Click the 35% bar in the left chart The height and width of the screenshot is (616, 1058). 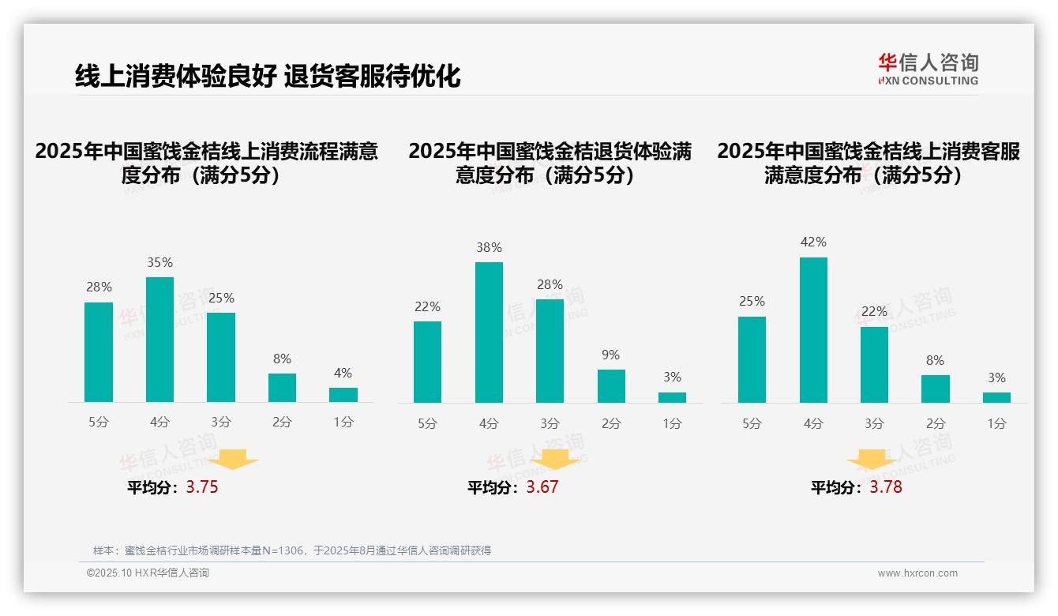coord(159,340)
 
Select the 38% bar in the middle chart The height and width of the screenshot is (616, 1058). coord(489,332)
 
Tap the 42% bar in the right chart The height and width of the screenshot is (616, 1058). coord(813,330)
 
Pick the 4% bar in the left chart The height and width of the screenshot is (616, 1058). coord(343,395)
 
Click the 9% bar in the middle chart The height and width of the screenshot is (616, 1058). coord(611,386)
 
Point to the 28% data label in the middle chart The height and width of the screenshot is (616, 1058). coord(550,284)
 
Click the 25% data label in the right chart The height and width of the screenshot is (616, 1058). coord(752,301)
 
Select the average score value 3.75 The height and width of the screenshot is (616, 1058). coord(202,487)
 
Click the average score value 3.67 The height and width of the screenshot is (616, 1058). coord(542,487)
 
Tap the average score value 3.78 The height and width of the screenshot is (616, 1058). coord(886,487)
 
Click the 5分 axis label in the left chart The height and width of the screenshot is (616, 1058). coord(99,423)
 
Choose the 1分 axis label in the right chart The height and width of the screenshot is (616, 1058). coord(996,424)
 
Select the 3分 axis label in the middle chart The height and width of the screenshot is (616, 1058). coord(550,424)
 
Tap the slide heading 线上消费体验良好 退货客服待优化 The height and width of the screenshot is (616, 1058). coord(268,76)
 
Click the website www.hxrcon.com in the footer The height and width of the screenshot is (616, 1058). coord(917,573)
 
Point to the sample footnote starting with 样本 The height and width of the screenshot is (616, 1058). coord(292,550)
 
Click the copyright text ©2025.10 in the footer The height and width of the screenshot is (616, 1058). coord(148,573)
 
